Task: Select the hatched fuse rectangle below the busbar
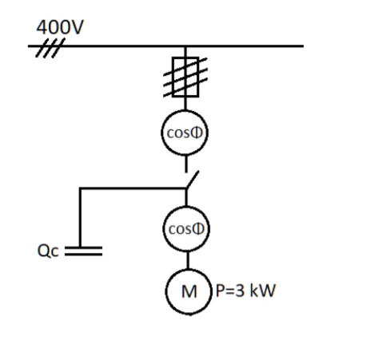coord(187,77)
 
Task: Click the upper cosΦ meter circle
coord(187,133)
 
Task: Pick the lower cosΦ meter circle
coord(187,229)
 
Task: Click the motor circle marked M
coord(187,288)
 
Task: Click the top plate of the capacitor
coord(83,247)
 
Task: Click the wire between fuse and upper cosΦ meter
coord(187,105)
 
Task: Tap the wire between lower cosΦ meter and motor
coord(187,259)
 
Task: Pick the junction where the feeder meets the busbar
coord(187,45)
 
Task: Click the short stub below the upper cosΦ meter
coord(187,164)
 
